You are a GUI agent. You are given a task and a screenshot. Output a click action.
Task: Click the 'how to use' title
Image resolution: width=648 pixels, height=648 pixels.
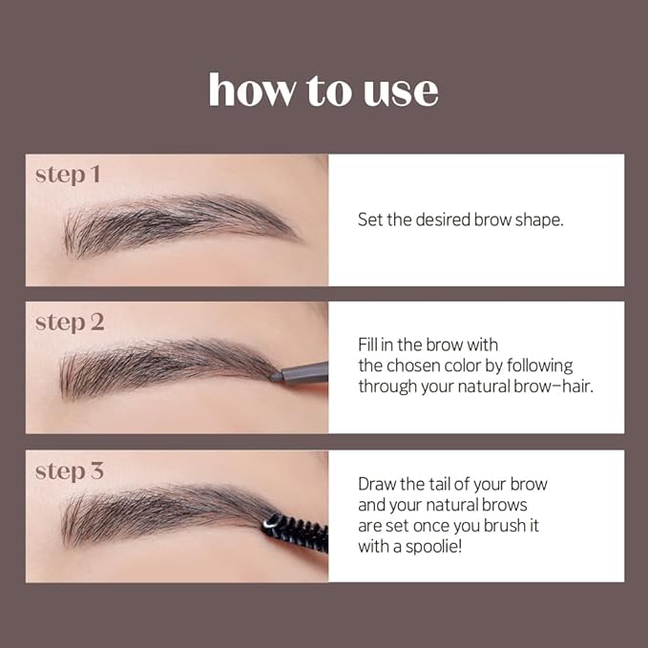click(x=324, y=90)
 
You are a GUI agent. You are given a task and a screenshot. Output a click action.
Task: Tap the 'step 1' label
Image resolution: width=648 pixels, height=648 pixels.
click(x=68, y=175)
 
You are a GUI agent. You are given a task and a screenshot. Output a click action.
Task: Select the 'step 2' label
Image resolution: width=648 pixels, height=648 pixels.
click(x=70, y=323)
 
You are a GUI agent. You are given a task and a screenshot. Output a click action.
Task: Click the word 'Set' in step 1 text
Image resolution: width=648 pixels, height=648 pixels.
click(x=369, y=219)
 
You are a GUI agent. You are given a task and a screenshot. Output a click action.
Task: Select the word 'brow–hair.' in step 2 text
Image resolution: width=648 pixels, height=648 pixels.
click(x=553, y=387)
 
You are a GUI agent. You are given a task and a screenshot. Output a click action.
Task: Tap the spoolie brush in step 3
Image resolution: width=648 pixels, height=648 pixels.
click(x=298, y=529)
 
